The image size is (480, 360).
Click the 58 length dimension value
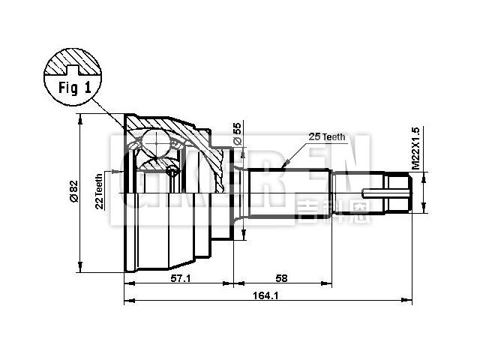(x=281, y=278)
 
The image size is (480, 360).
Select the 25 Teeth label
(x=327, y=136)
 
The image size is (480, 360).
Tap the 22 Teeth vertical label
(x=99, y=192)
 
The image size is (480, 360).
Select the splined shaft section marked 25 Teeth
(x=289, y=193)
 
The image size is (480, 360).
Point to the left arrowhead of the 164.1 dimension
(x=126, y=302)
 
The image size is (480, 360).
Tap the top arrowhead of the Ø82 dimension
(x=79, y=118)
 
